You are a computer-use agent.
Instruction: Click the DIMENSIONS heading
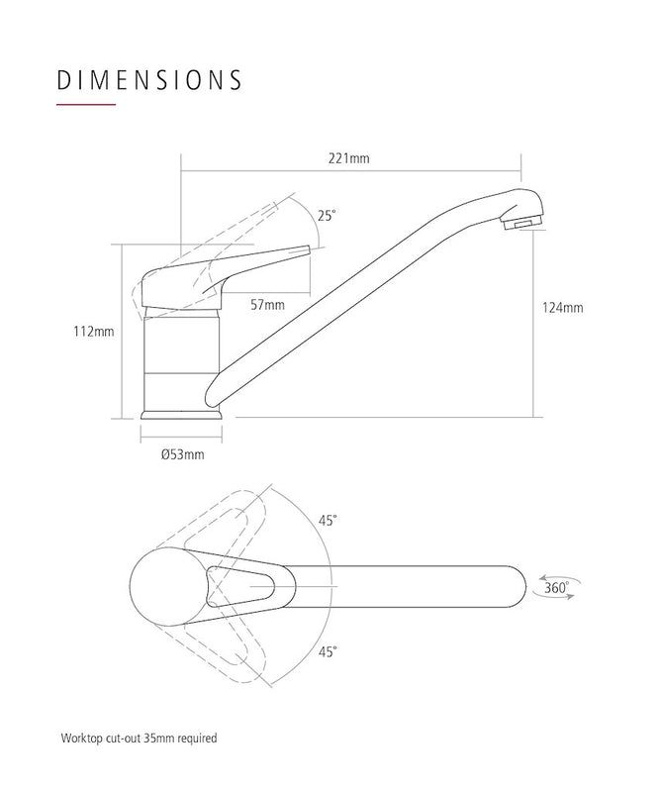[149, 79]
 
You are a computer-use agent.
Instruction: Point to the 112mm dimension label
[96, 332]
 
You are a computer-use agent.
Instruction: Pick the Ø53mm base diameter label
[182, 454]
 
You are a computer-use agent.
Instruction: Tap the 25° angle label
[327, 215]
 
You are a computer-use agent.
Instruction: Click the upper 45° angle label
[328, 520]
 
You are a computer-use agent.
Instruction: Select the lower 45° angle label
[328, 650]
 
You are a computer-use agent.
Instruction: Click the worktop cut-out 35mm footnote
[139, 739]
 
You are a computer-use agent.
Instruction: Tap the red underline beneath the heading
[87, 105]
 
